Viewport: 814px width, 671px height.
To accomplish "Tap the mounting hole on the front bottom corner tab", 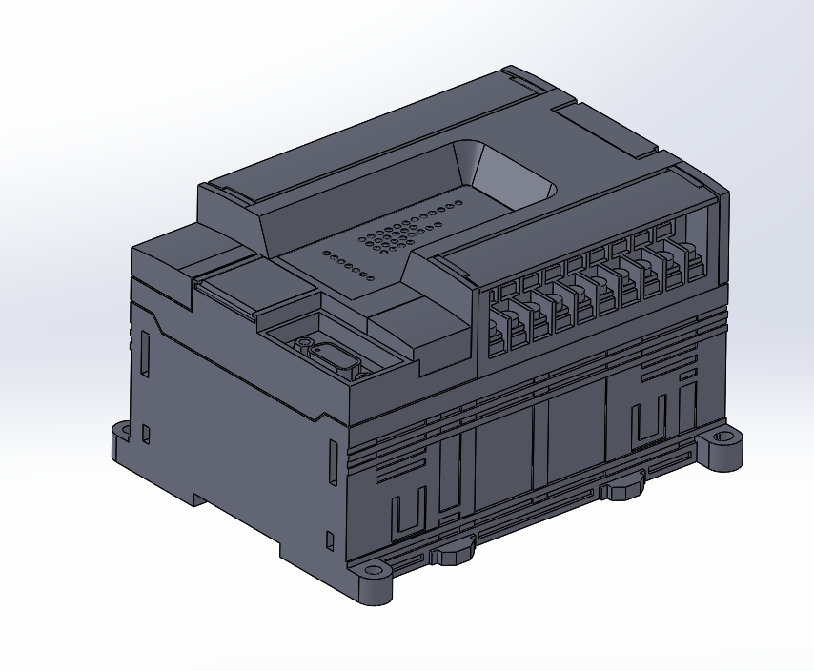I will pos(372,577).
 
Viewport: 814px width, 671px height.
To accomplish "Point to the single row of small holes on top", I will pos(348,267).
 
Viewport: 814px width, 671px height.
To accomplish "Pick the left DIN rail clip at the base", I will pos(453,551).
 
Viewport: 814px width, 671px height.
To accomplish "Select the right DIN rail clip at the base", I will pos(624,488).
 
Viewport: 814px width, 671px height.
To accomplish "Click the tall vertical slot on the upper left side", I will pos(145,352).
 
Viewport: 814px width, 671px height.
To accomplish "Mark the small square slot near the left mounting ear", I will pos(146,435).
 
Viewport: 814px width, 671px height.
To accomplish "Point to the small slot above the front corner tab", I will pos(330,541).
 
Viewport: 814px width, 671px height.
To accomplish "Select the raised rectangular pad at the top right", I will pos(605,130).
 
